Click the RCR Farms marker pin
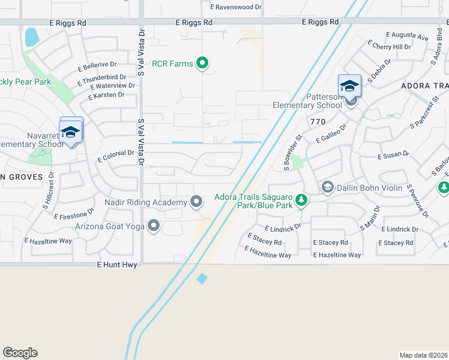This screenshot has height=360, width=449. click(x=203, y=63)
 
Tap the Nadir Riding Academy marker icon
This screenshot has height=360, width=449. click(x=196, y=202)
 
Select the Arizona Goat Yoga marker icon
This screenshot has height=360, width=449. click(x=154, y=226)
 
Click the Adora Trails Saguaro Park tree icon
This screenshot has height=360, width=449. click(x=302, y=200)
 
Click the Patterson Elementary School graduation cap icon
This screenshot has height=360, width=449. click(x=349, y=87)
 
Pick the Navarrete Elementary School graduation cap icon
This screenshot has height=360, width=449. click(x=70, y=133)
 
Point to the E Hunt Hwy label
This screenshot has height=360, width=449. click(x=117, y=265)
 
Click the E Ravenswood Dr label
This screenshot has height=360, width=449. click(x=237, y=7)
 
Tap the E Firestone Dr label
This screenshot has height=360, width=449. click(x=74, y=214)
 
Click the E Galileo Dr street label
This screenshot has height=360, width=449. click(x=331, y=134)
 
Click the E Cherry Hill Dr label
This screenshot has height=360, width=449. click(x=391, y=46)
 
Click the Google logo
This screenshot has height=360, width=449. click(x=20, y=353)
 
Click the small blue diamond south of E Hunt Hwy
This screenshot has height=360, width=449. click(x=202, y=278)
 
